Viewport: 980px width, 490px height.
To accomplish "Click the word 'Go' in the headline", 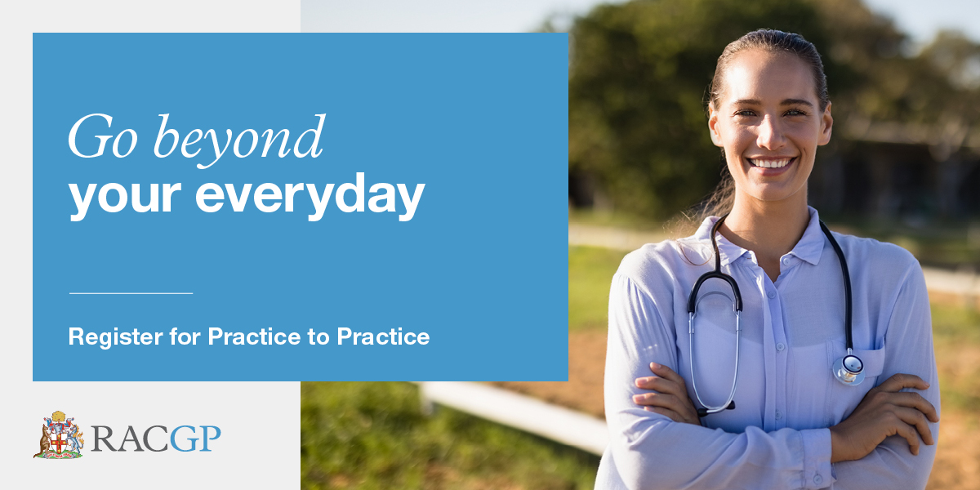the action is (x=103, y=136).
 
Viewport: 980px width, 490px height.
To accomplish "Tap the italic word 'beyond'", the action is (x=238, y=140).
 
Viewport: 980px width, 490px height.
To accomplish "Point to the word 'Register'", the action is (x=115, y=337).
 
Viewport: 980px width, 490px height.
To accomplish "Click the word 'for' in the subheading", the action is (x=185, y=336).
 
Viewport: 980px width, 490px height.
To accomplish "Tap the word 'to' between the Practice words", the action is (x=319, y=337).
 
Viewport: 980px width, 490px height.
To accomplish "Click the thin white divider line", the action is (x=131, y=293).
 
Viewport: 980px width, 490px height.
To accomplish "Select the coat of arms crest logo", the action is (x=59, y=435).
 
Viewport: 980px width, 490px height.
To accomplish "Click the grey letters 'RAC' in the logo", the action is (x=131, y=439).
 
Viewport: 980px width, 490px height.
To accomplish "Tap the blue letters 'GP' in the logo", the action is (x=195, y=439).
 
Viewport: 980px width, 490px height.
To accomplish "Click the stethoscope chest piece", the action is (x=849, y=370).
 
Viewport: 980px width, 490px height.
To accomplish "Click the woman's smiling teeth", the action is (x=771, y=163).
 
